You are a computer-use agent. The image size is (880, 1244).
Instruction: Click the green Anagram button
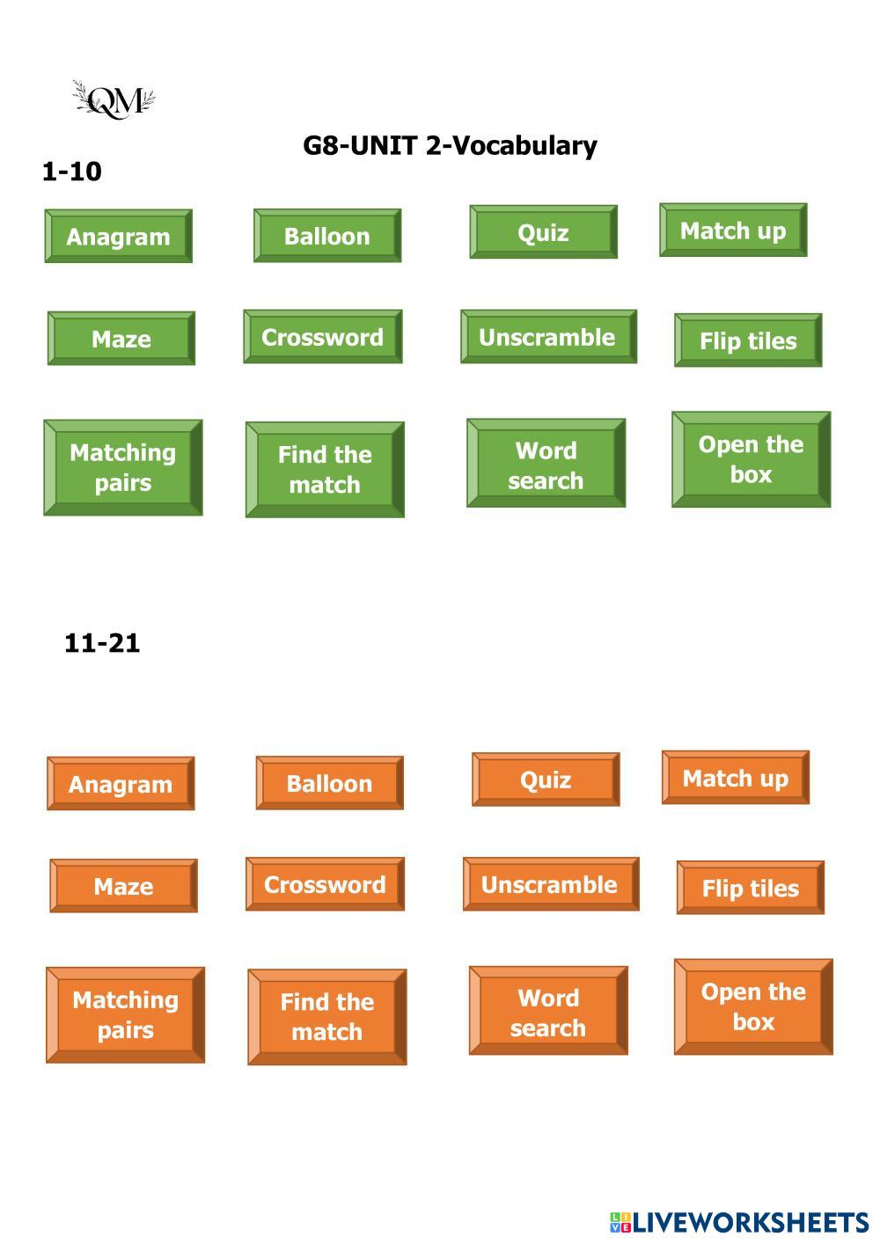[118, 236]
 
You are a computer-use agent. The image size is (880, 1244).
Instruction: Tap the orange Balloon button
[329, 783]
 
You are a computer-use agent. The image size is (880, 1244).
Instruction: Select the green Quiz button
[543, 232]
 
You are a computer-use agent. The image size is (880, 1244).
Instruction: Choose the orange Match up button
[735, 778]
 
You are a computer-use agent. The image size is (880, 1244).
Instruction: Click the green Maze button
[121, 339]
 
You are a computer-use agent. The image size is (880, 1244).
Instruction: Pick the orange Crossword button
[325, 884]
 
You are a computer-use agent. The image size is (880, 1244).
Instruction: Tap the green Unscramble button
[547, 337]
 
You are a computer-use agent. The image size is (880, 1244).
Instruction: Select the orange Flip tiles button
[750, 888]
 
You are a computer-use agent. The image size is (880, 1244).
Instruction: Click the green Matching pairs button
[122, 467]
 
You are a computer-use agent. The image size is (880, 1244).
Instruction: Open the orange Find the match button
[326, 1017]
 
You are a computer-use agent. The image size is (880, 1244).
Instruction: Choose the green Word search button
[546, 464]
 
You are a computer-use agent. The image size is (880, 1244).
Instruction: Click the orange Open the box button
[753, 1006]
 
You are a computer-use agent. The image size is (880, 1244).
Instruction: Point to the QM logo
[114, 100]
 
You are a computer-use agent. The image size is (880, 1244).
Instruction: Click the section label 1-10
[72, 172]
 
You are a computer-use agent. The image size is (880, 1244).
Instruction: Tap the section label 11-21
[102, 643]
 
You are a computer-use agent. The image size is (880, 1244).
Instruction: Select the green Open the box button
[751, 459]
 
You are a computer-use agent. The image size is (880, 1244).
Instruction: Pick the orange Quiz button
[546, 779]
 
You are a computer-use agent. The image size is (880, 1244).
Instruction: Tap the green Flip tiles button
[748, 340]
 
